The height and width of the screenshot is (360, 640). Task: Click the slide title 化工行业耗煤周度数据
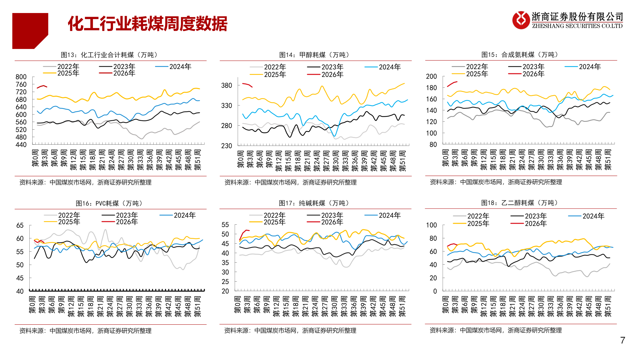click(147, 24)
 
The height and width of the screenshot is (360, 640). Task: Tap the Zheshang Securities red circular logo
click(521, 20)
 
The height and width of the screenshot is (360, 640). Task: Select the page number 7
click(622, 340)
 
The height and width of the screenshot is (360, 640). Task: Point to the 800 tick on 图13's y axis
click(21, 77)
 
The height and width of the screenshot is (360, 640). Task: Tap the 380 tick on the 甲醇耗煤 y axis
click(226, 86)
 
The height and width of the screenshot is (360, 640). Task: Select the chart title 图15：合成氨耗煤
click(521, 55)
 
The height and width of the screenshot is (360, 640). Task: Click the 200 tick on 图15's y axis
click(431, 77)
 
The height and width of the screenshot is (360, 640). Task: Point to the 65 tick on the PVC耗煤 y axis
click(20, 226)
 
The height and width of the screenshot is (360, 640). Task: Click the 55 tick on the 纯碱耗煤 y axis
click(225, 225)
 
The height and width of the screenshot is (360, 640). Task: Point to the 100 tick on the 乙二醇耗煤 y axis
click(431, 225)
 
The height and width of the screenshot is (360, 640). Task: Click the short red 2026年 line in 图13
click(42, 86)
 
